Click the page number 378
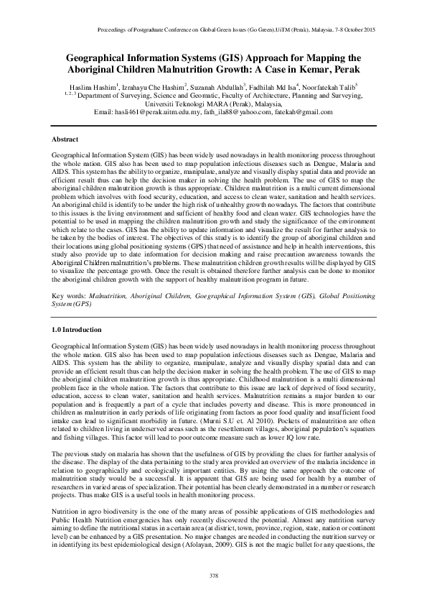tap(213, 576)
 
